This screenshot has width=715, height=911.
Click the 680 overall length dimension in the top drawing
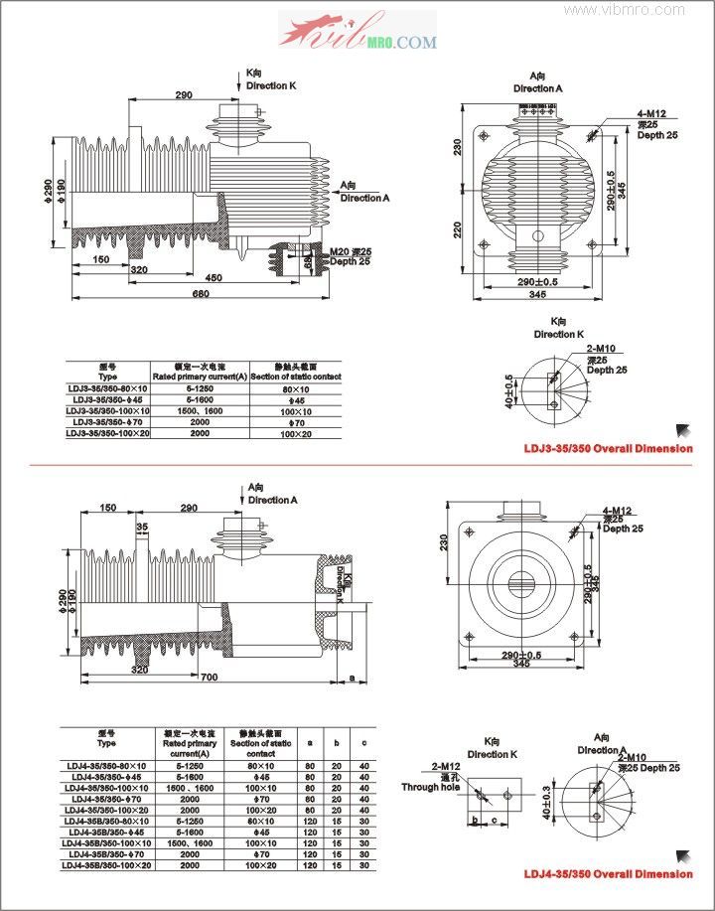[200, 294]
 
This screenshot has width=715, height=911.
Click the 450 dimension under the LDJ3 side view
[213, 277]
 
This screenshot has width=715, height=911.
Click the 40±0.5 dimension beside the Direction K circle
[509, 391]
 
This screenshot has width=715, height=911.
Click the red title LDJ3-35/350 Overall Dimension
[608, 448]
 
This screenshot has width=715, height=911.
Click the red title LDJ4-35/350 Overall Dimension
[608, 873]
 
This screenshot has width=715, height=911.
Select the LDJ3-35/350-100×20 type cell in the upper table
[107, 434]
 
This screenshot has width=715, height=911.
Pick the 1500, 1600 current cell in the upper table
[200, 410]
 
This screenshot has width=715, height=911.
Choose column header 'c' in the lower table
[364, 741]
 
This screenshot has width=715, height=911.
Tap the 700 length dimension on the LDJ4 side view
[209, 677]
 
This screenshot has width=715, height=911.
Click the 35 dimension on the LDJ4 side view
[142, 527]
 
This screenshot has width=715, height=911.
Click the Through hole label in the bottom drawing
[431, 787]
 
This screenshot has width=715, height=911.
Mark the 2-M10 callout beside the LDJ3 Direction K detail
[601, 348]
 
